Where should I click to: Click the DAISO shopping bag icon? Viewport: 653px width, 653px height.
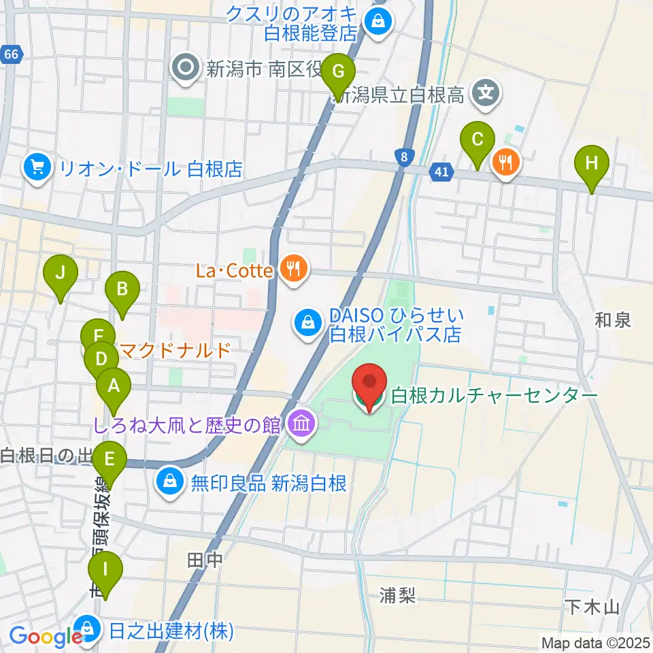tap(308, 322)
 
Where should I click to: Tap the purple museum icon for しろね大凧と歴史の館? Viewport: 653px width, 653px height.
tap(300, 425)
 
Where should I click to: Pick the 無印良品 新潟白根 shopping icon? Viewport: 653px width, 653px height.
tap(169, 483)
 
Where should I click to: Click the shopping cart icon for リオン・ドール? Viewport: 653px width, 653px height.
tap(36, 167)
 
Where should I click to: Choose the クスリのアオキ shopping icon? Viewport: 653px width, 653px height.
tap(375, 21)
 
